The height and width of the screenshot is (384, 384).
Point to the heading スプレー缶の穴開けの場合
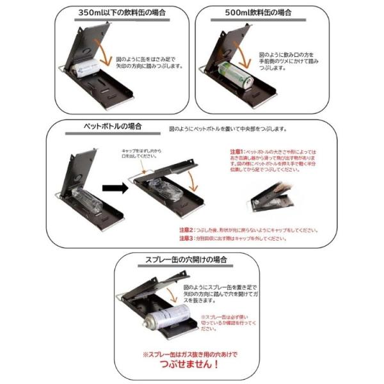click(190, 260)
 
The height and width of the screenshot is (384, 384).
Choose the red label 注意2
click(187, 229)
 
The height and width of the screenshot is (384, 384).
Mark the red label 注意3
click(187, 238)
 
